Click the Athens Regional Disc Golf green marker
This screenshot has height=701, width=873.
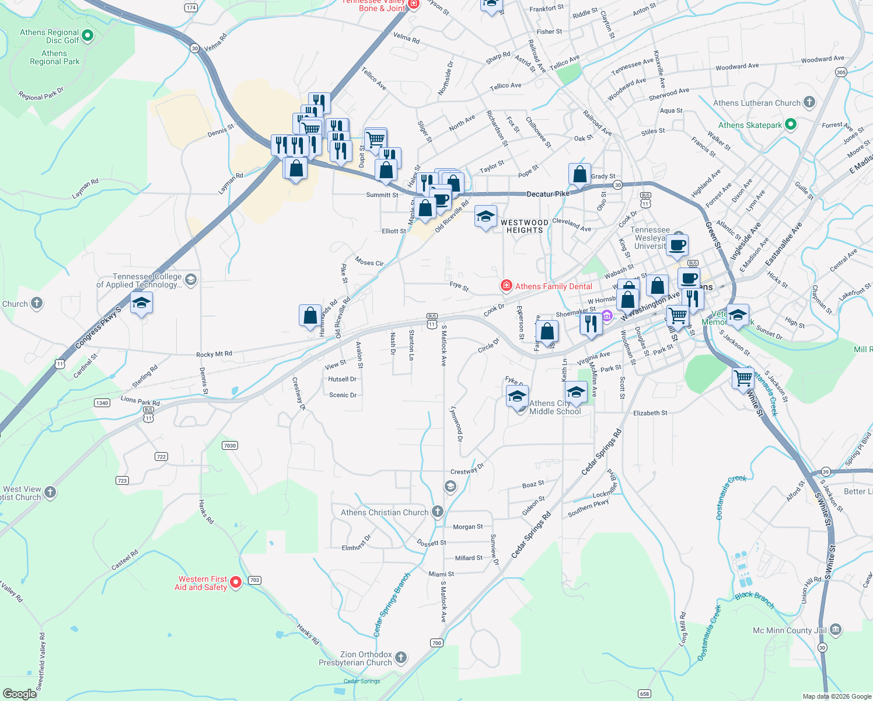(88, 36)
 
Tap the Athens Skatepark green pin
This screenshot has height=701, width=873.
(791, 124)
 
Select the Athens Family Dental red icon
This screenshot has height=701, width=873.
(506, 286)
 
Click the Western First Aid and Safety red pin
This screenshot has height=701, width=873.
(236, 582)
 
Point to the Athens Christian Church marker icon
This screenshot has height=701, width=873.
(437, 512)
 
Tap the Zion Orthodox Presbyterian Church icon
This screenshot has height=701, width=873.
(401, 658)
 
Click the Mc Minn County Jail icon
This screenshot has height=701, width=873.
(835, 630)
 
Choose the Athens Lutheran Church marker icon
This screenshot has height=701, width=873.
(809, 102)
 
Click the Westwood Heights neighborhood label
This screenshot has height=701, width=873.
(524, 226)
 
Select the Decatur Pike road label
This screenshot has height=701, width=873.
(547, 194)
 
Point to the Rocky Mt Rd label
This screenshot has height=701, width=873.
(214, 354)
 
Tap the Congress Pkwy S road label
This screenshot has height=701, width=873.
(98, 328)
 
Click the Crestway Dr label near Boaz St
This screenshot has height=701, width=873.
(467, 470)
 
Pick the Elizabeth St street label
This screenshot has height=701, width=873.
(650, 413)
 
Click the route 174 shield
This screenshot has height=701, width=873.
(191, 8)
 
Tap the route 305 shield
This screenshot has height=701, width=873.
(840, 72)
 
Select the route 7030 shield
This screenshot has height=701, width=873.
(230, 445)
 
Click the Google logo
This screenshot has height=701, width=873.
(20, 693)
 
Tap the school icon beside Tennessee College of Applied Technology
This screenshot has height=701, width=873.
(142, 303)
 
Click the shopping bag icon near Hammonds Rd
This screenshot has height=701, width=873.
(310, 315)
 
